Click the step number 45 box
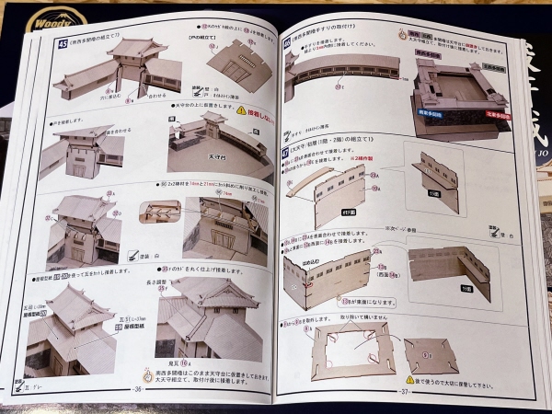(63, 43)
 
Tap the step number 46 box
(288, 41)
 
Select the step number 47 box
(287, 149)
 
